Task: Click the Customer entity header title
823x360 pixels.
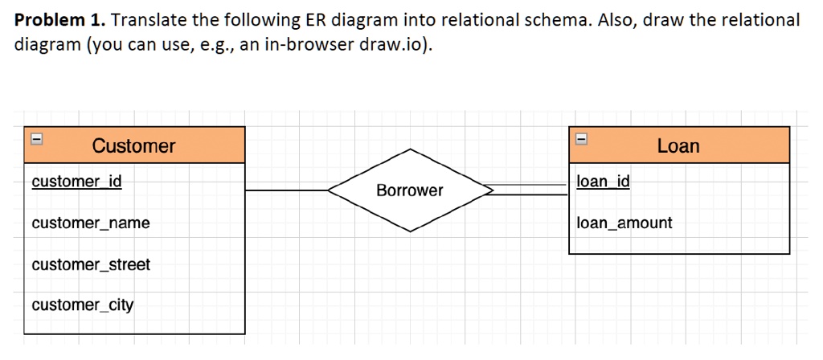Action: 133,145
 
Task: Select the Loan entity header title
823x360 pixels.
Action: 678,145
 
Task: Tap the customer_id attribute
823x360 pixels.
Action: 76,182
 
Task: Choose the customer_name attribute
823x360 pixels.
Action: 91,223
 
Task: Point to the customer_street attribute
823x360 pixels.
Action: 91,264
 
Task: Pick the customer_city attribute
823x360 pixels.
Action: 83,305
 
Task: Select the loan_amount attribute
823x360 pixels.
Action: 624,223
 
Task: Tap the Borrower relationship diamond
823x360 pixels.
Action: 410,190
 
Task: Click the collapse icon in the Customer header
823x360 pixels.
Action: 35,138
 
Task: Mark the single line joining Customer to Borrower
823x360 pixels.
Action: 286,190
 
